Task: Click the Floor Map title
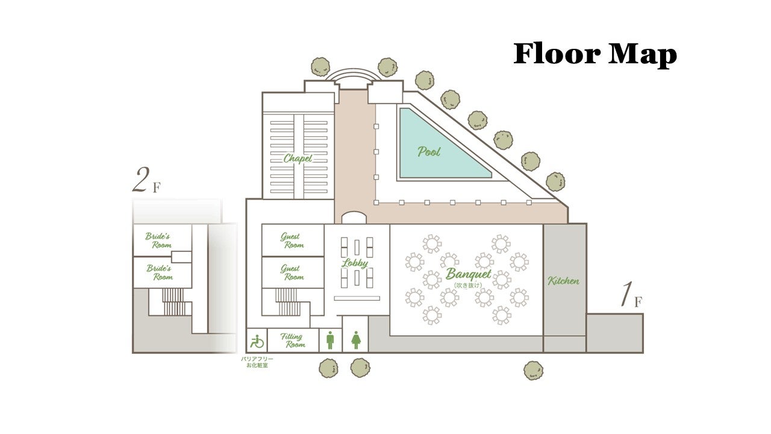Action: [x=595, y=54]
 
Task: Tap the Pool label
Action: [x=429, y=151]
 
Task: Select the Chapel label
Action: [x=298, y=159]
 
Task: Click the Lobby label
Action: [x=355, y=263]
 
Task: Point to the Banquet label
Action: [x=469, y=274]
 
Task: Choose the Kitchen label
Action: [x=563, y=281]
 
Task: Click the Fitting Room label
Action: [x=293, y=341]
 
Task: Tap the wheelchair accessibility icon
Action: [x=257, y=341]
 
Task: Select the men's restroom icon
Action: [x=330, y=341]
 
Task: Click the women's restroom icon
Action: [x=356, y=341]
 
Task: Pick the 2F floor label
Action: [x=146, y=180]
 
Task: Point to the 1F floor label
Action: [x=631, y=295]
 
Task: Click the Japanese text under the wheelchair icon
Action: [x=257, y=362]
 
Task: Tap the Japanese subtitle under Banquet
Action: [x=468, y=285]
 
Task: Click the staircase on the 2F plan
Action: [x=173, y=302]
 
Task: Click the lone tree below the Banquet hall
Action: [x=533, y=371]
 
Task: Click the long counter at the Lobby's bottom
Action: [x=357, y=298]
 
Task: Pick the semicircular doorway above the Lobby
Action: [x=354, y=218]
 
